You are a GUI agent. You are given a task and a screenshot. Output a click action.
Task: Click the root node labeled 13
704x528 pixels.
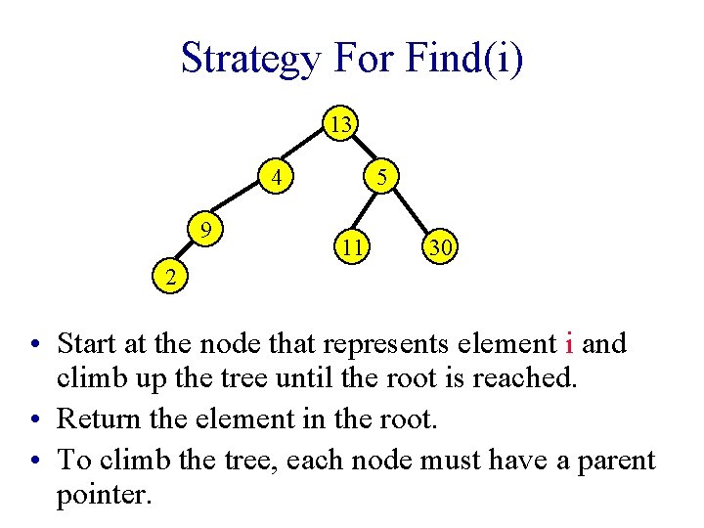pos(340,125)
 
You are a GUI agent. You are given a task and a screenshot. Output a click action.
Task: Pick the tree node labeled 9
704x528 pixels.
pos(207,231)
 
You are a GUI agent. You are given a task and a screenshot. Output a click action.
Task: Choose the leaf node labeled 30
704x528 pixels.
pos(440,248)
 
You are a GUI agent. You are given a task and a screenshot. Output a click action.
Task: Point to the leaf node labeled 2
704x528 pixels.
pos(170,277)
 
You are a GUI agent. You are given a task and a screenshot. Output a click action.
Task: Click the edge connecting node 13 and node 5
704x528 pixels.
pos(363,152)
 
